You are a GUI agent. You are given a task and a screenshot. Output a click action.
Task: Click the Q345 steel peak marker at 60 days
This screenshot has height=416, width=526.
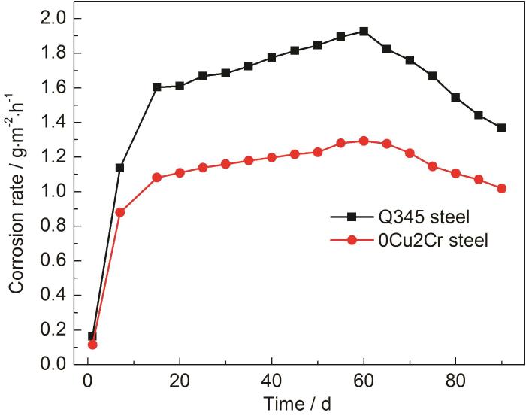click(x=364, y=32)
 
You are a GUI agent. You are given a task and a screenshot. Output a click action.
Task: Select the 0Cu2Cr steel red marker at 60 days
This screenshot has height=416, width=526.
click(x=364, y=141)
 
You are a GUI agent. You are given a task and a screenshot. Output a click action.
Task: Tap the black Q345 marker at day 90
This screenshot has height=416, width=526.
click(x=501, y=128)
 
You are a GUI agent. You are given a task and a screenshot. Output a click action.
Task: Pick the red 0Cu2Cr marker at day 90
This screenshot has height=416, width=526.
click(x=501, y=188)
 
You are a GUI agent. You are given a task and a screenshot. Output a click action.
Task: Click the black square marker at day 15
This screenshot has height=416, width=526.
click(x=157, y=87)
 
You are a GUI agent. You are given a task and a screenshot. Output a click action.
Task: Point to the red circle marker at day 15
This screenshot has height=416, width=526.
click(x=157, y=178)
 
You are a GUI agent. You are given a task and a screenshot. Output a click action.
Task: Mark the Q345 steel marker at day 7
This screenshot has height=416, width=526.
click(x=120, y=168)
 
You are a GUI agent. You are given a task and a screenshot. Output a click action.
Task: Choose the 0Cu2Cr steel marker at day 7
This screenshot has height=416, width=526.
click(x=120, y=212)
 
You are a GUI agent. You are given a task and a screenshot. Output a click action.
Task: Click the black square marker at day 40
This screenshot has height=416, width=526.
click(x=271, y=57)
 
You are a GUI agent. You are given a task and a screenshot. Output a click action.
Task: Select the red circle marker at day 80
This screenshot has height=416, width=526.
click(x=455, y=173)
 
